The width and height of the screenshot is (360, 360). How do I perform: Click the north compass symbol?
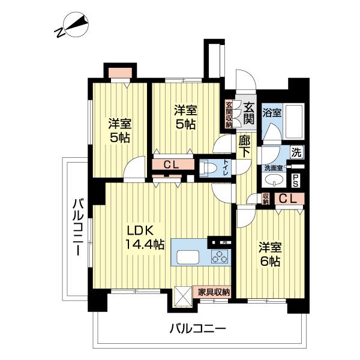71,25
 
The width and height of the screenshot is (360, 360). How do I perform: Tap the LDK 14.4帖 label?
144,237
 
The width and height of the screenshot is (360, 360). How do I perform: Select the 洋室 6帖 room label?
270,254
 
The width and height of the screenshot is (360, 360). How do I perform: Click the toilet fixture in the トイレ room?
208,168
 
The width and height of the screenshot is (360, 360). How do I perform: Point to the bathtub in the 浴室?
294,121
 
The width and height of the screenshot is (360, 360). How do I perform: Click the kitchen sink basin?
188,257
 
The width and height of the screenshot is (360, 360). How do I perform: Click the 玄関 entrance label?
249,113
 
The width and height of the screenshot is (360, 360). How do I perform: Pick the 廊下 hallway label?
245,146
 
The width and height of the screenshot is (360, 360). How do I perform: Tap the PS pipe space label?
295,181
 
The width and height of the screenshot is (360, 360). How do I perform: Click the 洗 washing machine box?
296,152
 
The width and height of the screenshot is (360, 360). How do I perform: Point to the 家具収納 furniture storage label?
214,292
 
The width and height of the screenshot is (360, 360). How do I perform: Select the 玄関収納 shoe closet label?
229,115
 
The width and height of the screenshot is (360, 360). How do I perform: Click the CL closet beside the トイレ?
171,164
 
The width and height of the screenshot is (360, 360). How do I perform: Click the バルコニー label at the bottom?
197,329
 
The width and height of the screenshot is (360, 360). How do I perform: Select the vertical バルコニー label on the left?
78,227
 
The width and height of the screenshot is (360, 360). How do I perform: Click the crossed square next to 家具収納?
183,296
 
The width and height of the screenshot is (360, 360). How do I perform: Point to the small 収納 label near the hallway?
266,199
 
